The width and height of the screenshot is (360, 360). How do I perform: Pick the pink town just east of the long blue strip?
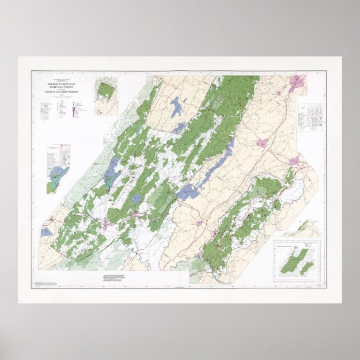[260, 143]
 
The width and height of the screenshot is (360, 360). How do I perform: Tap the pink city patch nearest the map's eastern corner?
[293, 162]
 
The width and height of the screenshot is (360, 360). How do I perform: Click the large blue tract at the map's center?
[188, 192]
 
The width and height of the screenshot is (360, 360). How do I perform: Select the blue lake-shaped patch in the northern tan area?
[177, 106]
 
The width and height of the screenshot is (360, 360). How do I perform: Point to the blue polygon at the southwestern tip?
[46, 231]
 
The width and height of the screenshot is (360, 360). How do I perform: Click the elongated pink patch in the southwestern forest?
[105, 224]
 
